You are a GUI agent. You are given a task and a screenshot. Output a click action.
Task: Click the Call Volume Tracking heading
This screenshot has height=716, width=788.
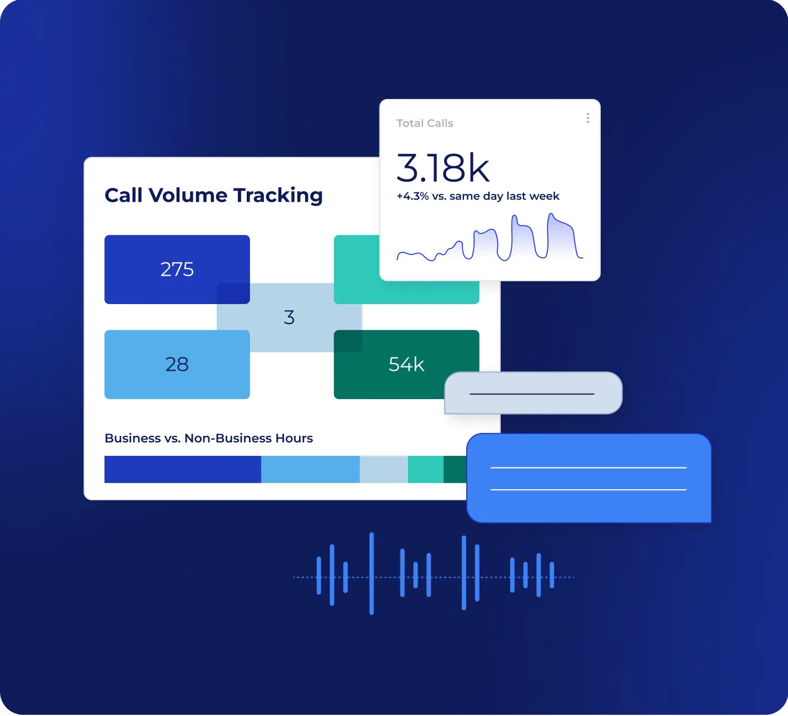coord(213,196)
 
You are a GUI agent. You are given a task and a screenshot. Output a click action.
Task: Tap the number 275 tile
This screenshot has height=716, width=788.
coord(177,270)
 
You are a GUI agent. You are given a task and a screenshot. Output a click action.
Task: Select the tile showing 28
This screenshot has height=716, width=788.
coord(177,365)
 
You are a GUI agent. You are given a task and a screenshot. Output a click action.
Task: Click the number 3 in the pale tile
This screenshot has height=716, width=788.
coord(289,317)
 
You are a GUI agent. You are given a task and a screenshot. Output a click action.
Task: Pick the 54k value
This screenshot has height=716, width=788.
coord(406,365)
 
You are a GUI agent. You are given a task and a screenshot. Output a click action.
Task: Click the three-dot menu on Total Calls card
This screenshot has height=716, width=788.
coord(587,118)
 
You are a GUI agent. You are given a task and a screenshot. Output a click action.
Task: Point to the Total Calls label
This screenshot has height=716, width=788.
coord(425,123)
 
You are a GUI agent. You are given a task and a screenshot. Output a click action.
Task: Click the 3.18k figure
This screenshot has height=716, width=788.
coord(443,168)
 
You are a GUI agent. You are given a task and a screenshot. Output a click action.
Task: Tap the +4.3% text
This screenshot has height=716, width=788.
coord(412,196)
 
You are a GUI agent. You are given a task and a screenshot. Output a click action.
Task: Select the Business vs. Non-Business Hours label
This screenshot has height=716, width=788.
coord(208,439)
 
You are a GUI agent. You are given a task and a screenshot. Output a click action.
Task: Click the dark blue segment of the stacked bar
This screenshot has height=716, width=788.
coord(182,470)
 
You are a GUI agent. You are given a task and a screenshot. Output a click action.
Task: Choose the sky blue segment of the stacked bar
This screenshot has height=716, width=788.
coord(310,470)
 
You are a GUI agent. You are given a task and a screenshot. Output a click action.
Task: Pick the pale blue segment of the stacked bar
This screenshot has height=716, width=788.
coord(383,470)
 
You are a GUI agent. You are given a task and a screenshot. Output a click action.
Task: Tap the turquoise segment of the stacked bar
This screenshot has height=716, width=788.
coord(425,470)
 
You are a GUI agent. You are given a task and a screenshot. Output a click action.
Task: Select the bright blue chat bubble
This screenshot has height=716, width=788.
coord(588,479)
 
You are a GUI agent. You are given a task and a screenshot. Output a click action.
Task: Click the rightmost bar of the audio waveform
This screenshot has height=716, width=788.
coord(552,575)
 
